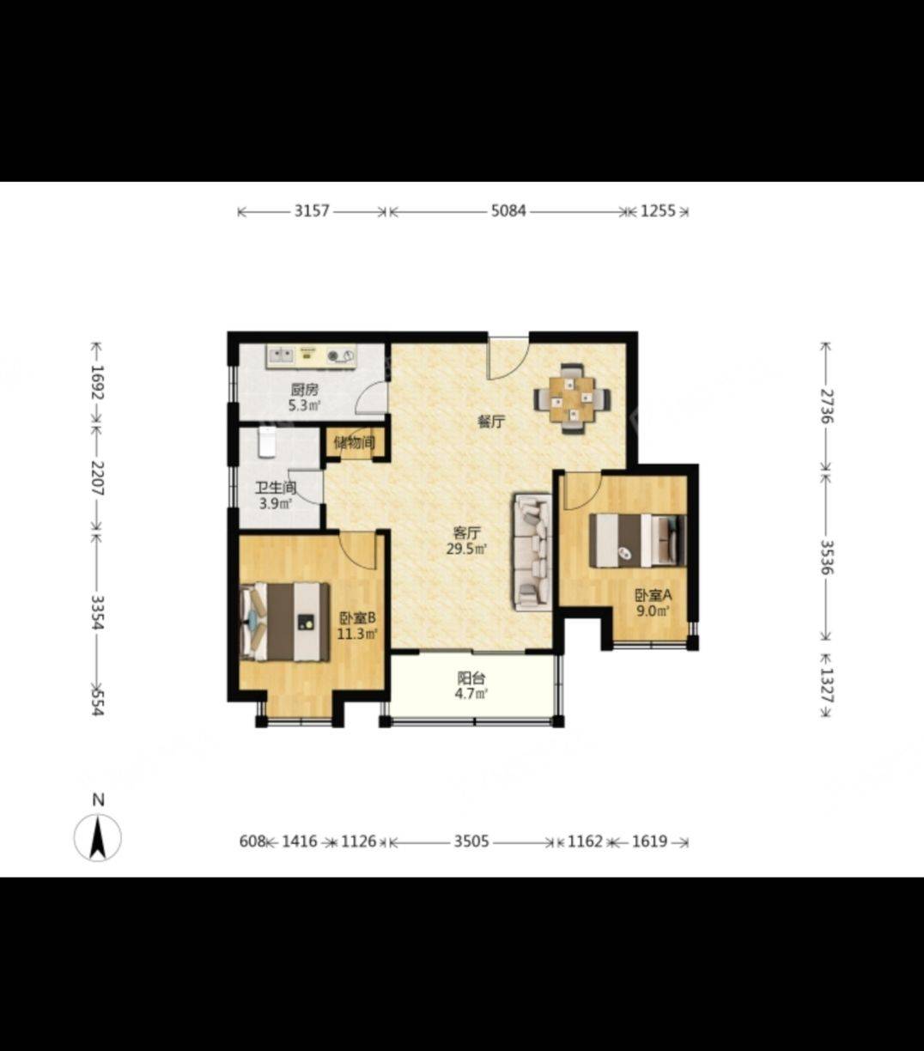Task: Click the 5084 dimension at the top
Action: tap(508, 210)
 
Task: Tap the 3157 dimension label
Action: tap(312, 210)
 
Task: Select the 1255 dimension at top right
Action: tap(659, 210)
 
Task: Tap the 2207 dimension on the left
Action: tap(97, 477)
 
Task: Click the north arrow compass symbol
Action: tap(98, 838)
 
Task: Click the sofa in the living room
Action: tap(532, 552)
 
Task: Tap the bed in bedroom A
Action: tap(638, 540)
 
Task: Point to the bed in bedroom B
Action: tap(285, 622)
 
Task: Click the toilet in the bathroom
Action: tap(267, 442)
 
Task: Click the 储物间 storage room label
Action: tap(355, 442)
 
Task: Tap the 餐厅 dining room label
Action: tap(491, 422)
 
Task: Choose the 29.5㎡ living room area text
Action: tap(467, 549)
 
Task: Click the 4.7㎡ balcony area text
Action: tap(471, 693)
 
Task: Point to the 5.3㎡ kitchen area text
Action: tap(305, 405)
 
